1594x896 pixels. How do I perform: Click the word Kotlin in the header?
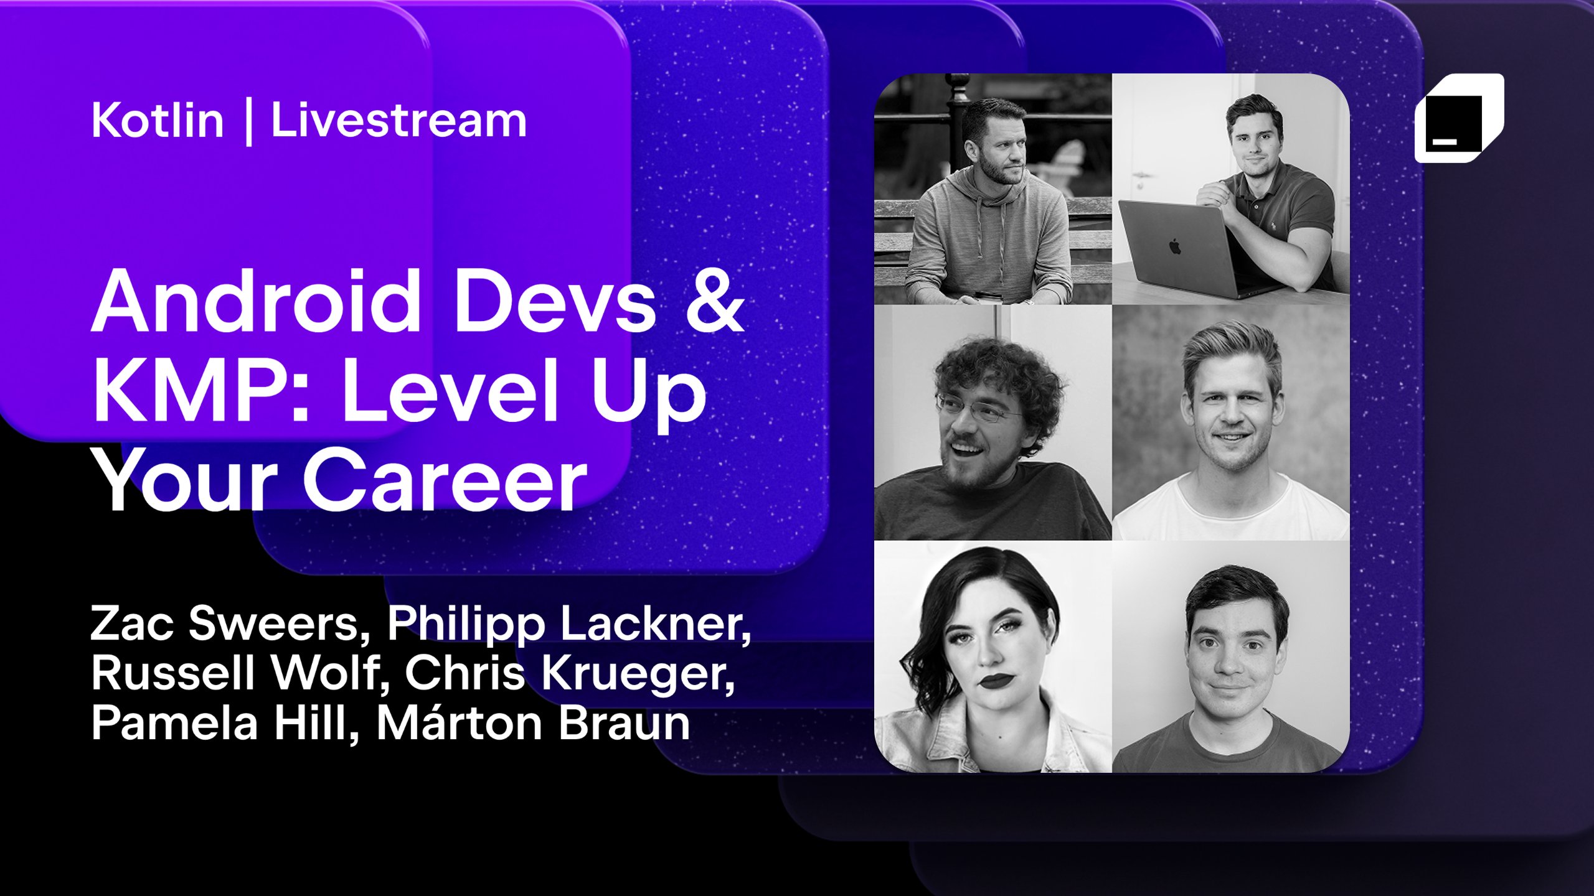pos(157,121)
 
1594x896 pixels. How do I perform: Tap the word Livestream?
pos(398,121)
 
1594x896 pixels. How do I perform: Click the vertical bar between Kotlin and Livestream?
pos(249,122)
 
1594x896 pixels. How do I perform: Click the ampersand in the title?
pos(715,301)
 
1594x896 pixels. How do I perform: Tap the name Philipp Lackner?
pos(569,623)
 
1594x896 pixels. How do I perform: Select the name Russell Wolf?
pos(240,673)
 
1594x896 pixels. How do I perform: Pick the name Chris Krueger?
pos(570,673)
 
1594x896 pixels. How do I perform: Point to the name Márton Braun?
pos(533,723)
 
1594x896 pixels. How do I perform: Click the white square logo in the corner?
pos(1458,118)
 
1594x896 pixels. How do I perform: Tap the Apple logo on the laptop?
pos(1174,247)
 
